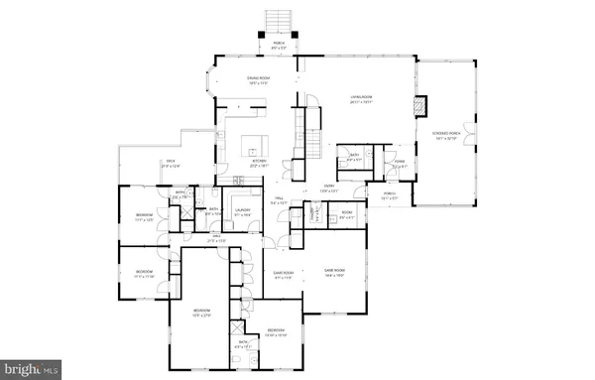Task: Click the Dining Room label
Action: tap(260, 80)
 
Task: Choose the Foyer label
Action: tap(399, 164)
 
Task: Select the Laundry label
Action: tap(241, 211)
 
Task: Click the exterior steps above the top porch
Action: tap(276, 23)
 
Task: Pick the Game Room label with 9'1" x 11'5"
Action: tap(283, 275)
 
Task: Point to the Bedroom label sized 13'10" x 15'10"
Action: tap(276, 331)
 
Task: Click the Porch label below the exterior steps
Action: tap(276, 45)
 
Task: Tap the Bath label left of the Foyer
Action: tap(354, 157)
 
